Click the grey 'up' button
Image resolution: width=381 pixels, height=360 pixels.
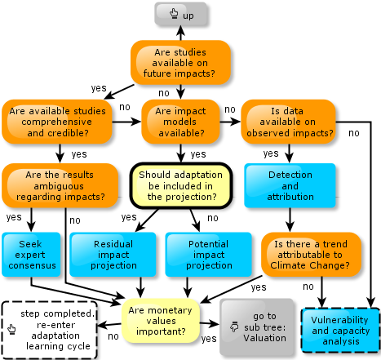tap(180, 14)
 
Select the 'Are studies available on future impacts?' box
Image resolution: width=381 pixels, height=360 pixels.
tap(180, 63)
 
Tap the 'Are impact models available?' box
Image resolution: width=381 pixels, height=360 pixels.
tap(180, 122)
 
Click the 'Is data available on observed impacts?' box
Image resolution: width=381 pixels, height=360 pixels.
tap(288, 122)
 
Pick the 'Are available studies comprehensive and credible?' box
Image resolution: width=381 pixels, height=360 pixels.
tap(57, 122)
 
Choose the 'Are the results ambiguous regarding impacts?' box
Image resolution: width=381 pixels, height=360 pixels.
tap(60, 185)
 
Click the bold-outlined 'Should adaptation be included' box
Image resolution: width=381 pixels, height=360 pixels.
tap(181, 185)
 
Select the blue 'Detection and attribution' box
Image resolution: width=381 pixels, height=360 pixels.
tap(290, 185)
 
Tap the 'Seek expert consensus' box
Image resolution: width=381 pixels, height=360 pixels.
tap(31, 255)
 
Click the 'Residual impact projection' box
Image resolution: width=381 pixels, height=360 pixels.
tap(113, 255)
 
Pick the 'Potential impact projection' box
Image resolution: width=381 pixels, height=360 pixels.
tap(209, 255)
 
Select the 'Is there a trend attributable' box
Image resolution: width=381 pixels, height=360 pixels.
tap(311, 255)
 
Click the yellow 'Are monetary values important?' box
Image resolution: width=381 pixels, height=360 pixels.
tap(161, 321)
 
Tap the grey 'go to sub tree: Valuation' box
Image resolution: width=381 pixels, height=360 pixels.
tap(257, 327)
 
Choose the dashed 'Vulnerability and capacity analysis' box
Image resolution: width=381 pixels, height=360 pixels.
tap(340, 331)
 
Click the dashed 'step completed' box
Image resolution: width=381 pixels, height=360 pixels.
tap(49, 330)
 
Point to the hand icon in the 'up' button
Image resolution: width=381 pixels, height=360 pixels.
tap(174, 13)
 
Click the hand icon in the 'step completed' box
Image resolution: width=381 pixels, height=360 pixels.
tap(11, 329)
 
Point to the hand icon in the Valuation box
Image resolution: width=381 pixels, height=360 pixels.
tap(234, 327)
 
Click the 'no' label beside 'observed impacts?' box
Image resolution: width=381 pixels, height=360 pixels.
tap(354, 133)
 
